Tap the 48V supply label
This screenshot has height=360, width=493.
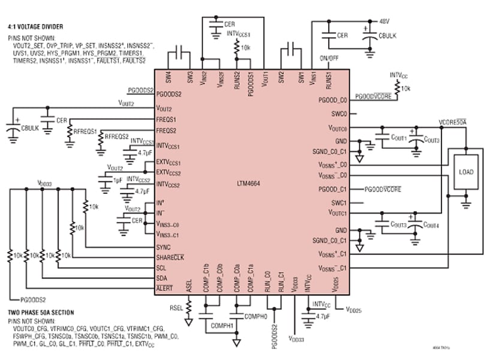pyautogui.click(x=384, y=21)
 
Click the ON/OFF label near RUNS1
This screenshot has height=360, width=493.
pyautogui.click(x=329, y=58)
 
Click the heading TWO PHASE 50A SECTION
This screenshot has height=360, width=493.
pyautogui.click(x=41, y=313)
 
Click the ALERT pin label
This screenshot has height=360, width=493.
pyautogui.click(x=164, y=289)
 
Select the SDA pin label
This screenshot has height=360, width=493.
pyautogui.click(x=162, y=278)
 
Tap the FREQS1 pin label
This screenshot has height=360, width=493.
pyautogui.click(x=167, y=120)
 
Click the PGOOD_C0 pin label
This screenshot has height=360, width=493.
pyautogui.click(x=333, y=100)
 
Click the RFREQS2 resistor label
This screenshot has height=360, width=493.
pyautogui.click(x=116, y=137)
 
